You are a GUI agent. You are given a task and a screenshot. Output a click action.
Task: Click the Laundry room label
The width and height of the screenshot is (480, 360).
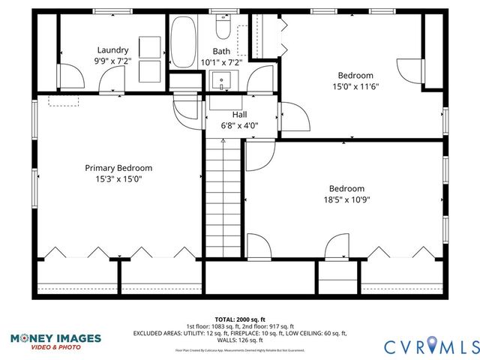pos(112,50)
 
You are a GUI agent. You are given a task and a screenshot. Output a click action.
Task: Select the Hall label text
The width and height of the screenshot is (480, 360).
pos(239,114)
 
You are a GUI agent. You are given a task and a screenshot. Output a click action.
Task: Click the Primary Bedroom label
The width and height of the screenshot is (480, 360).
pos(118,168)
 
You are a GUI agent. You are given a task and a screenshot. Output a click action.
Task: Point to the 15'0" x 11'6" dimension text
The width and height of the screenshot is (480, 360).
pos(356,86)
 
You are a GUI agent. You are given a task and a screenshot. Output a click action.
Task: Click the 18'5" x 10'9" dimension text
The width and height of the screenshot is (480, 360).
pos(346,199)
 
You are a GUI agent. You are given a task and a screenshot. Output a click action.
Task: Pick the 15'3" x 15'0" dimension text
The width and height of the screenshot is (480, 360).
pos(118,179)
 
